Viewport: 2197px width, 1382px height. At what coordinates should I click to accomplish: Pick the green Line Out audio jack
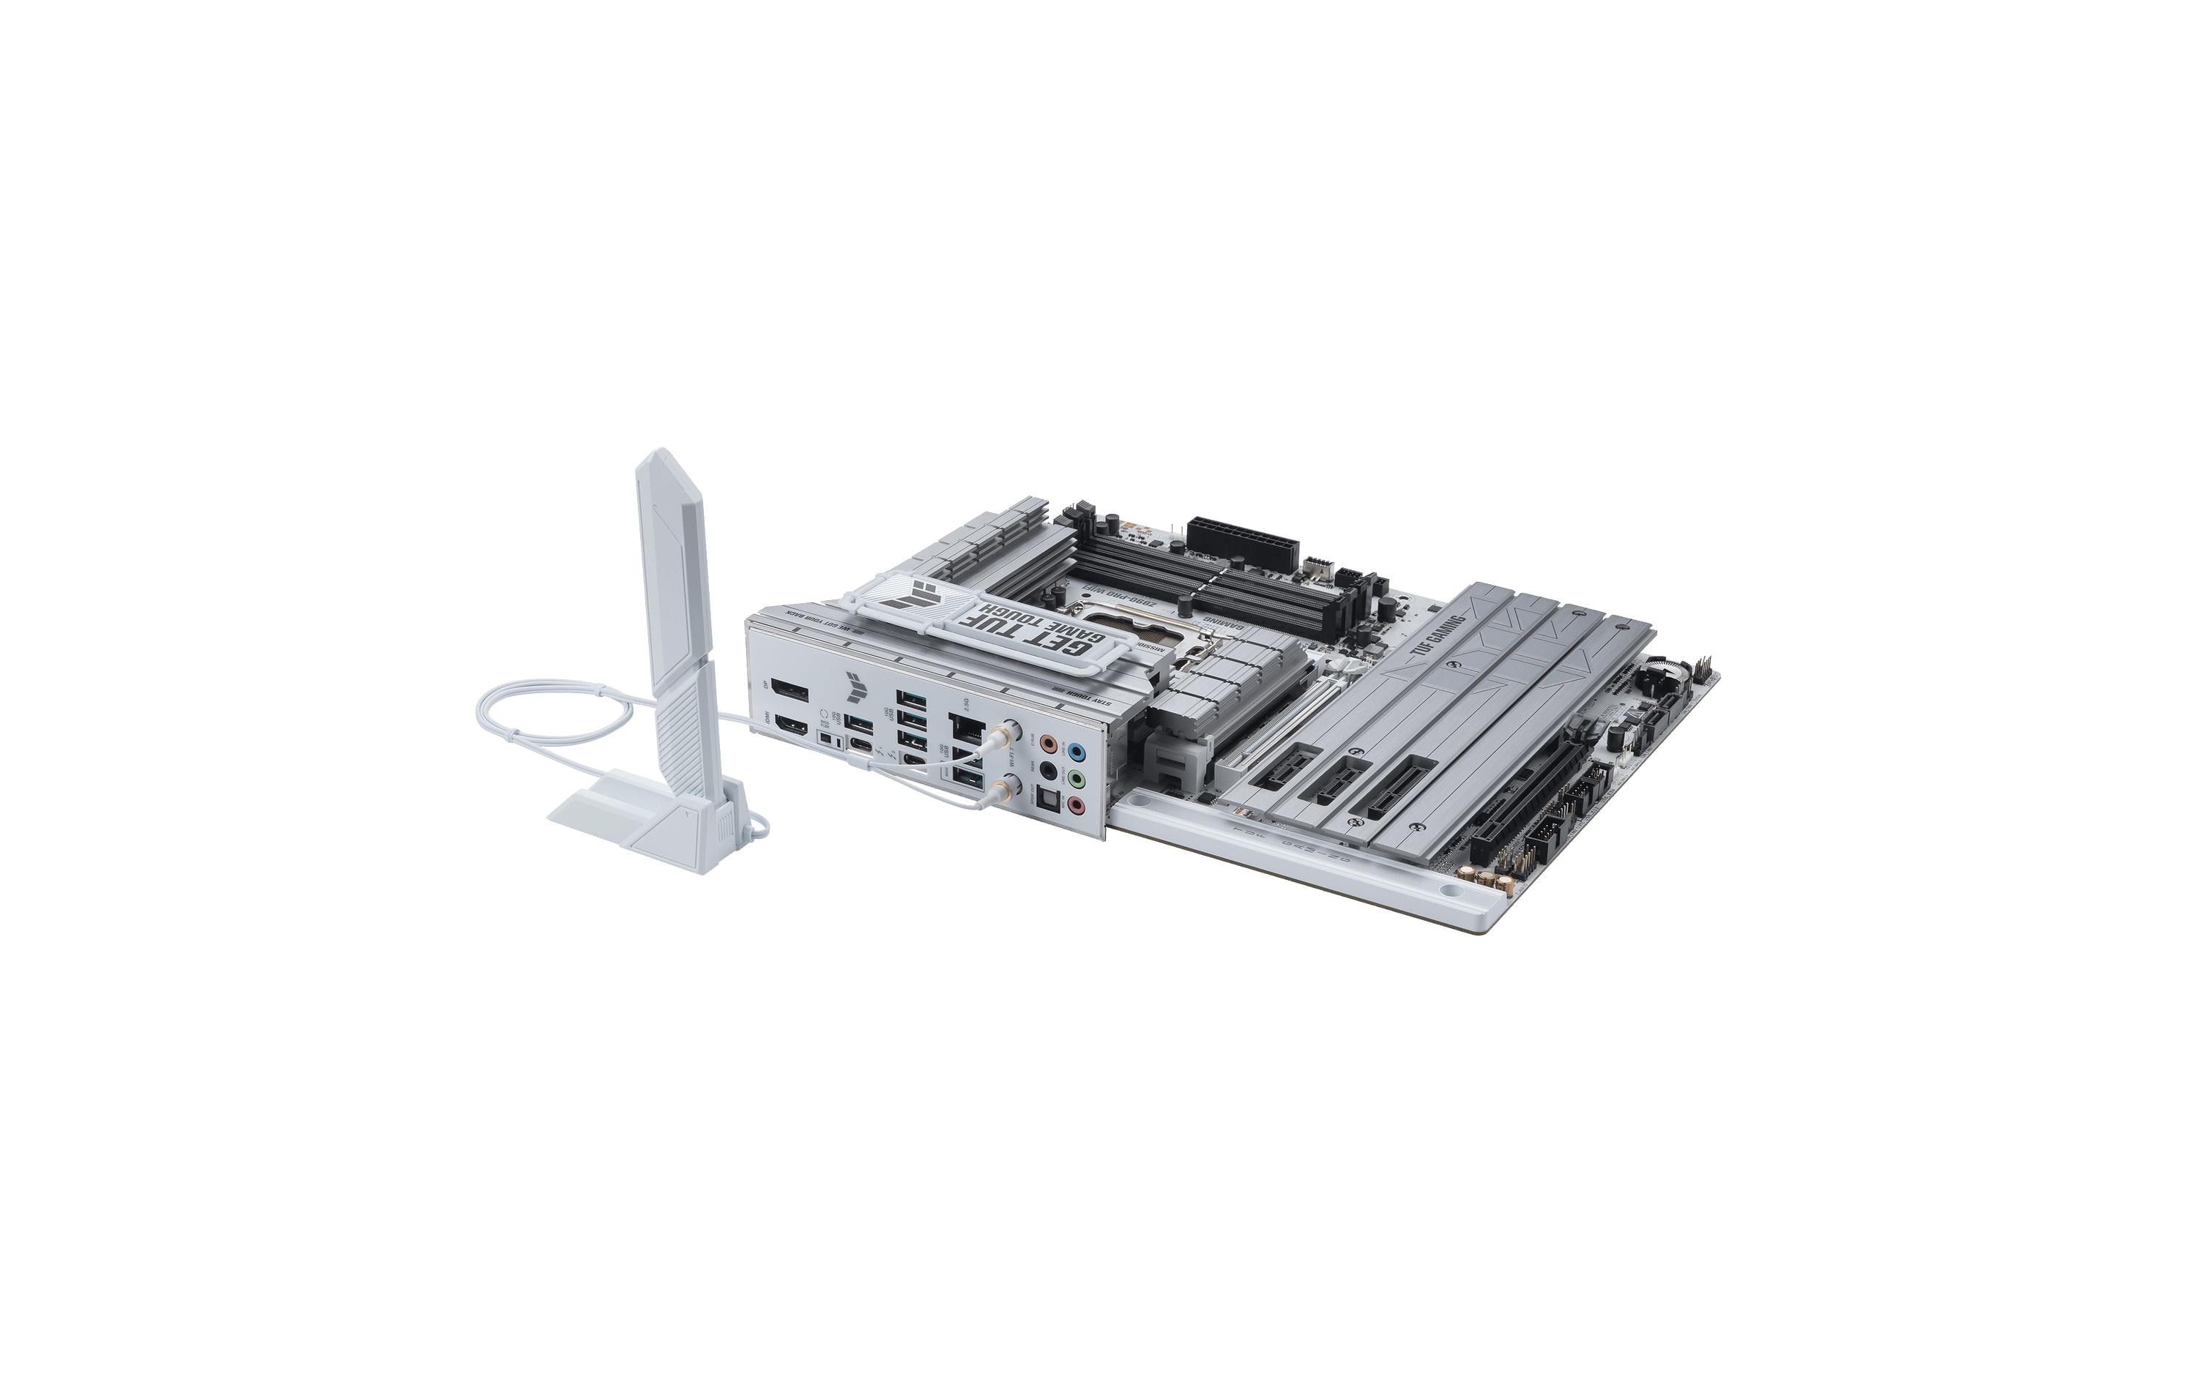point(1077,779)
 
